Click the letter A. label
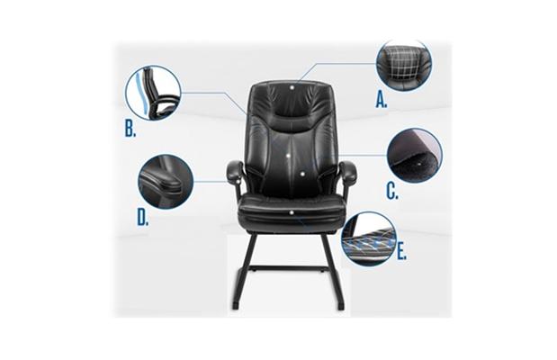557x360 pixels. [382, 99]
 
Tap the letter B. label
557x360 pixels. [130, 129]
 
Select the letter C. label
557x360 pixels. [392, 191]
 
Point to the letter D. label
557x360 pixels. [143, 217]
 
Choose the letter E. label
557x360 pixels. [401, 252]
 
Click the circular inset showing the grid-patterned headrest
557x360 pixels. [404, 65]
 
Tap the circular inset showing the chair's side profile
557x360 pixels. [153, 92]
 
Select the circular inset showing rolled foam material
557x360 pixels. [415, 155]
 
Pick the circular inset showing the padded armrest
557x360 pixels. [166, 181]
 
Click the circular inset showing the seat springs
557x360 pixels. [368, 238]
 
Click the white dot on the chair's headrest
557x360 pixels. [292, 86]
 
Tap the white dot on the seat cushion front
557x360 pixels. [292, 212]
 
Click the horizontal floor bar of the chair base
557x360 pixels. [289, 266]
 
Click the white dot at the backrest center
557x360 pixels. [288, 155]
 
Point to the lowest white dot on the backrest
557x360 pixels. [302, 174]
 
